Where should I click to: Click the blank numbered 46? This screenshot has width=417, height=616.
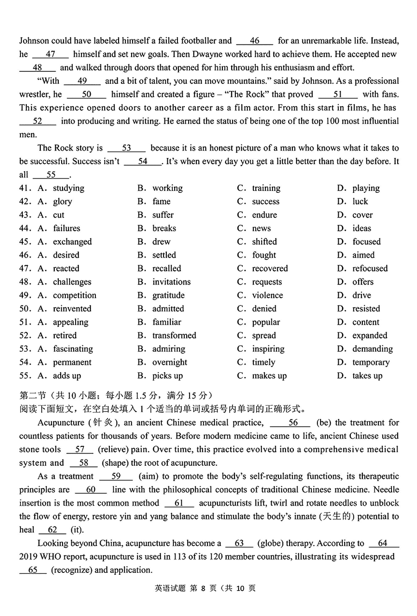click(254, 41)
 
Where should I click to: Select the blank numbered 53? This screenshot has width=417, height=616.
click(126, 148)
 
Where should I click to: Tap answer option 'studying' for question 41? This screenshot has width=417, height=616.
click(69, 188)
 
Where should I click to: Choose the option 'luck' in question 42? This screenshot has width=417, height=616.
click(360, 202)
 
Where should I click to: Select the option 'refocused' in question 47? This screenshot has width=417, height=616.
click(370, 269)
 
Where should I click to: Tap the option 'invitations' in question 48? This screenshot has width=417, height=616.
click(171, 282)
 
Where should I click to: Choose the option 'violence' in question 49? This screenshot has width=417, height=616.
click(267, 296)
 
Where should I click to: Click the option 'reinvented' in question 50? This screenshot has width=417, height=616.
click(72, 309)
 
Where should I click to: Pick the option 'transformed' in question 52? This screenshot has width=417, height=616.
click(174, 336)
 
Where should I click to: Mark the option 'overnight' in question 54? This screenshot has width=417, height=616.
click(170, 362)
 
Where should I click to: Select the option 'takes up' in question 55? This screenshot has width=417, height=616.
click(367, 376)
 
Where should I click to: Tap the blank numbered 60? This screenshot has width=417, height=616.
click(91, 490)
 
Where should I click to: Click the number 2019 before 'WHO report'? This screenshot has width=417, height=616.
click(29, 557)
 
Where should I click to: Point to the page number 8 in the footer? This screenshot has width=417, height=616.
click(202, 589)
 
